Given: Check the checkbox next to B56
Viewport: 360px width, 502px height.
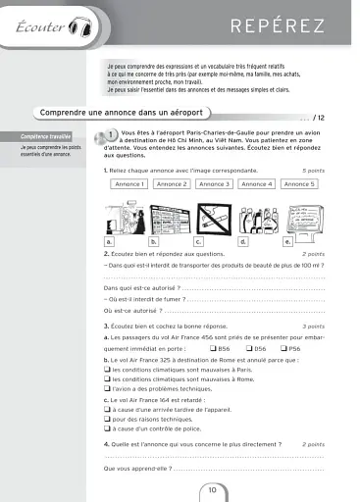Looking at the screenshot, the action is click(x=213, y=348).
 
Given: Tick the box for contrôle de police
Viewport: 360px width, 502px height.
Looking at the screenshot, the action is click(x=106, y=428).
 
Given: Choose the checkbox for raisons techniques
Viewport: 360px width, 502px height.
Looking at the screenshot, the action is click(x=106, y=419).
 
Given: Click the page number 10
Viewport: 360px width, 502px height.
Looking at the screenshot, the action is click(x=213, y=489).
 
